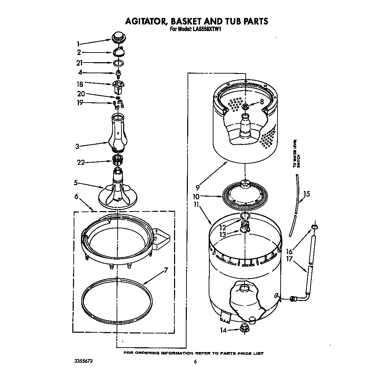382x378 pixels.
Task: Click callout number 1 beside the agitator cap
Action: click(78, 44)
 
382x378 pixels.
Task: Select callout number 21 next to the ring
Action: click(80, 63)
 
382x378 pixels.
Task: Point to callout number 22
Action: click(81, 162)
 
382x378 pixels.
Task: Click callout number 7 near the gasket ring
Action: click(166, 270)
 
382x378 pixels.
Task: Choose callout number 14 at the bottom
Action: click(224, 330)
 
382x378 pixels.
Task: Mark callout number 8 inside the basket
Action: click(262, 102)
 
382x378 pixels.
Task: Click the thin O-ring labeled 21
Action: click(119, 63)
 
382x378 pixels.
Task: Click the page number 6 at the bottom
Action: click(195, 362)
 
